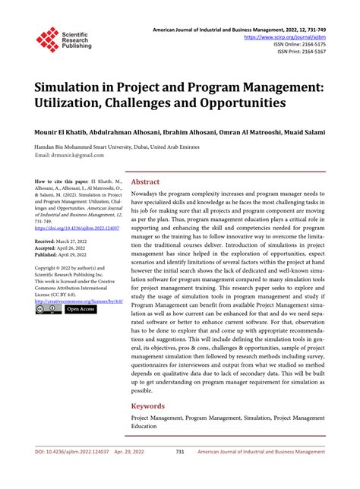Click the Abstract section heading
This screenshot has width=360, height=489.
tap(146, 182)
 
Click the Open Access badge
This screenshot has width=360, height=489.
tap(80, 309)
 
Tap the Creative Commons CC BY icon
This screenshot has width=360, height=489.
tap(47, 309)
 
